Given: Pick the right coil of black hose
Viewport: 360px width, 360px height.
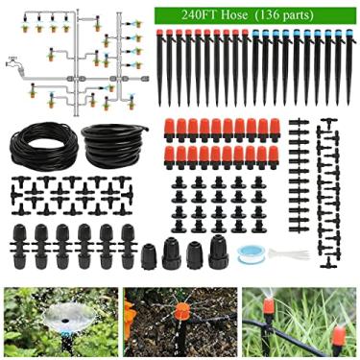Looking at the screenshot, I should (x=116, y=143).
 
